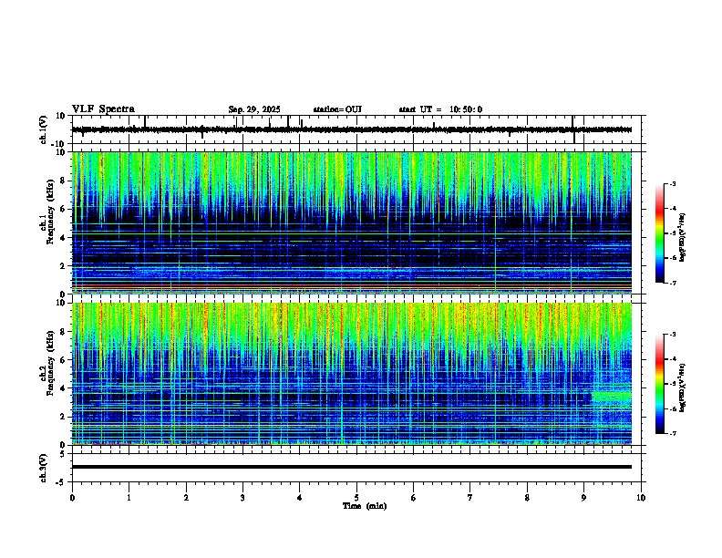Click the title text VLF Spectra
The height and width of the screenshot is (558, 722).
tap(103, 108)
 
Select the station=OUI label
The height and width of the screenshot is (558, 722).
tap(337, 109)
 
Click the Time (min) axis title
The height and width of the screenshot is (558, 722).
tap(364, 505)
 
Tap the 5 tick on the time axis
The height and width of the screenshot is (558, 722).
tap(356, 497)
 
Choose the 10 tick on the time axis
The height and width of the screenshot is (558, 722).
tap(641, 497)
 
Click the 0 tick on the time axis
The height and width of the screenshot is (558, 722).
tap(72, 497)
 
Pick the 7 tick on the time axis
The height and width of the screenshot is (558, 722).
tap(470, 497)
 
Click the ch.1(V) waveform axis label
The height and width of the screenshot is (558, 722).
tap(44, 130)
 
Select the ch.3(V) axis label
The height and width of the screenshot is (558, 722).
tap(44, 466)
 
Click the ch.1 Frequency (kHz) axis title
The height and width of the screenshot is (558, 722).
tap(46, 222)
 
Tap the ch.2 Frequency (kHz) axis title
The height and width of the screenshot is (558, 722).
tap(46, 373)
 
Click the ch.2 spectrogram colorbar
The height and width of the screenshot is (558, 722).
tap(660, 384)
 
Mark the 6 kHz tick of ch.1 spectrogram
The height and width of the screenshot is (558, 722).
tap(64, 209)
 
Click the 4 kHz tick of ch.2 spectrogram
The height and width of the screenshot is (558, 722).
tap(64, 388)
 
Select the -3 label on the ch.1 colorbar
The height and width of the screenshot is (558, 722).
tap(672, 184)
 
